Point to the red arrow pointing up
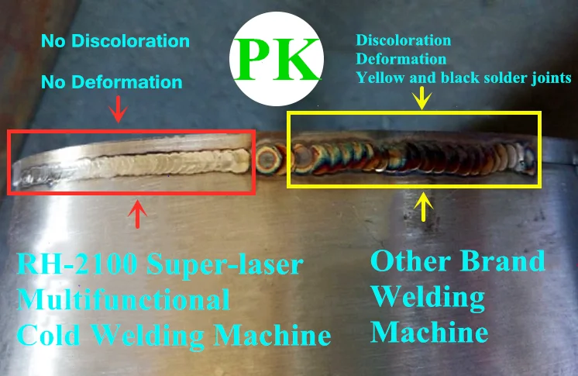[x=137, y=213]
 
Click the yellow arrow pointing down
[x=422, y=97]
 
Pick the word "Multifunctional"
[x=125, y=300]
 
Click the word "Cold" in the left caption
[x=51, y=335]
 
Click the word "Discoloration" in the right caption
[x=403, y=40]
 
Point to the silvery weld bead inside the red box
[x=155, y=164]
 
